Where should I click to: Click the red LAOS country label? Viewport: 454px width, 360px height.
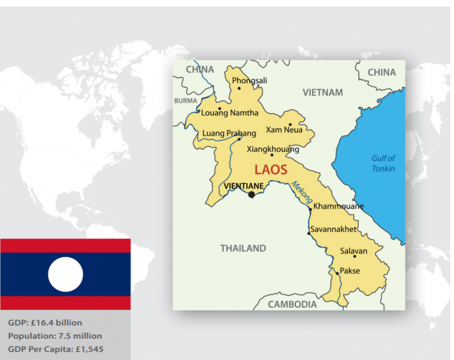271,170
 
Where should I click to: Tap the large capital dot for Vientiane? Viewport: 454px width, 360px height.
252,194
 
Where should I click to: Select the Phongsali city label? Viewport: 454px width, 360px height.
249,80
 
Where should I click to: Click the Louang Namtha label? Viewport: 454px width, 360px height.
230,113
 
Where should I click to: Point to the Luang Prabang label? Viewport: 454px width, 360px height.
229,133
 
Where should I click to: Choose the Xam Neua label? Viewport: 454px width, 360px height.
284,130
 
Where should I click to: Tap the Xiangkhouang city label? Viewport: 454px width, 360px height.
273,150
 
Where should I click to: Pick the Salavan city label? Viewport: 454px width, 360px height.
354,251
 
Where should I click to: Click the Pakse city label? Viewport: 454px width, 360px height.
349,271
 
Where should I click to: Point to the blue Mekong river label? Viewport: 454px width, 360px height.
301,193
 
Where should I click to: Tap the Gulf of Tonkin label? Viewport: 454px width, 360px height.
383,163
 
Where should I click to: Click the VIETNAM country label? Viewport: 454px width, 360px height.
323,93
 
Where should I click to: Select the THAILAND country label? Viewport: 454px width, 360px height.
243,248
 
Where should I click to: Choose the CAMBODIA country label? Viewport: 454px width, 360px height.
292,304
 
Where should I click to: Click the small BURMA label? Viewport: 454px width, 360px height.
186,101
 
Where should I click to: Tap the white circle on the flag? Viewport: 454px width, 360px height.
65,274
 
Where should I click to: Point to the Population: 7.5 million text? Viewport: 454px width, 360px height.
55,336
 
